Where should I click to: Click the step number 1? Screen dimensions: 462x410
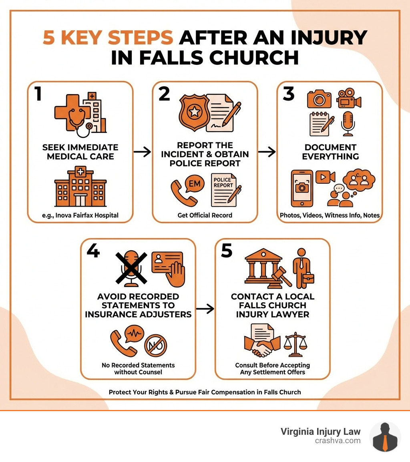point(38,94)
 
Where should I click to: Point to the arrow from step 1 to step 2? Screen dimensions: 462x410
point(142,152)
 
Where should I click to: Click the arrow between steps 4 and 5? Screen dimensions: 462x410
point(205,309)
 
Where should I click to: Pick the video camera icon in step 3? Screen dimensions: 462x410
point(349,98)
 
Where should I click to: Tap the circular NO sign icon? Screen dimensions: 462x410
point(155,345)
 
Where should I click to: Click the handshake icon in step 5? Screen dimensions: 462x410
point(262,347)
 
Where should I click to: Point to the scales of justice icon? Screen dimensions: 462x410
point(297,344)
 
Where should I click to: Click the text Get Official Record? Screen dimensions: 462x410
point(205,215)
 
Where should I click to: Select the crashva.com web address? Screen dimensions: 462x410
point(338,440)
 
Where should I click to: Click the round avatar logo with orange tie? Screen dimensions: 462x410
point(385,437)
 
